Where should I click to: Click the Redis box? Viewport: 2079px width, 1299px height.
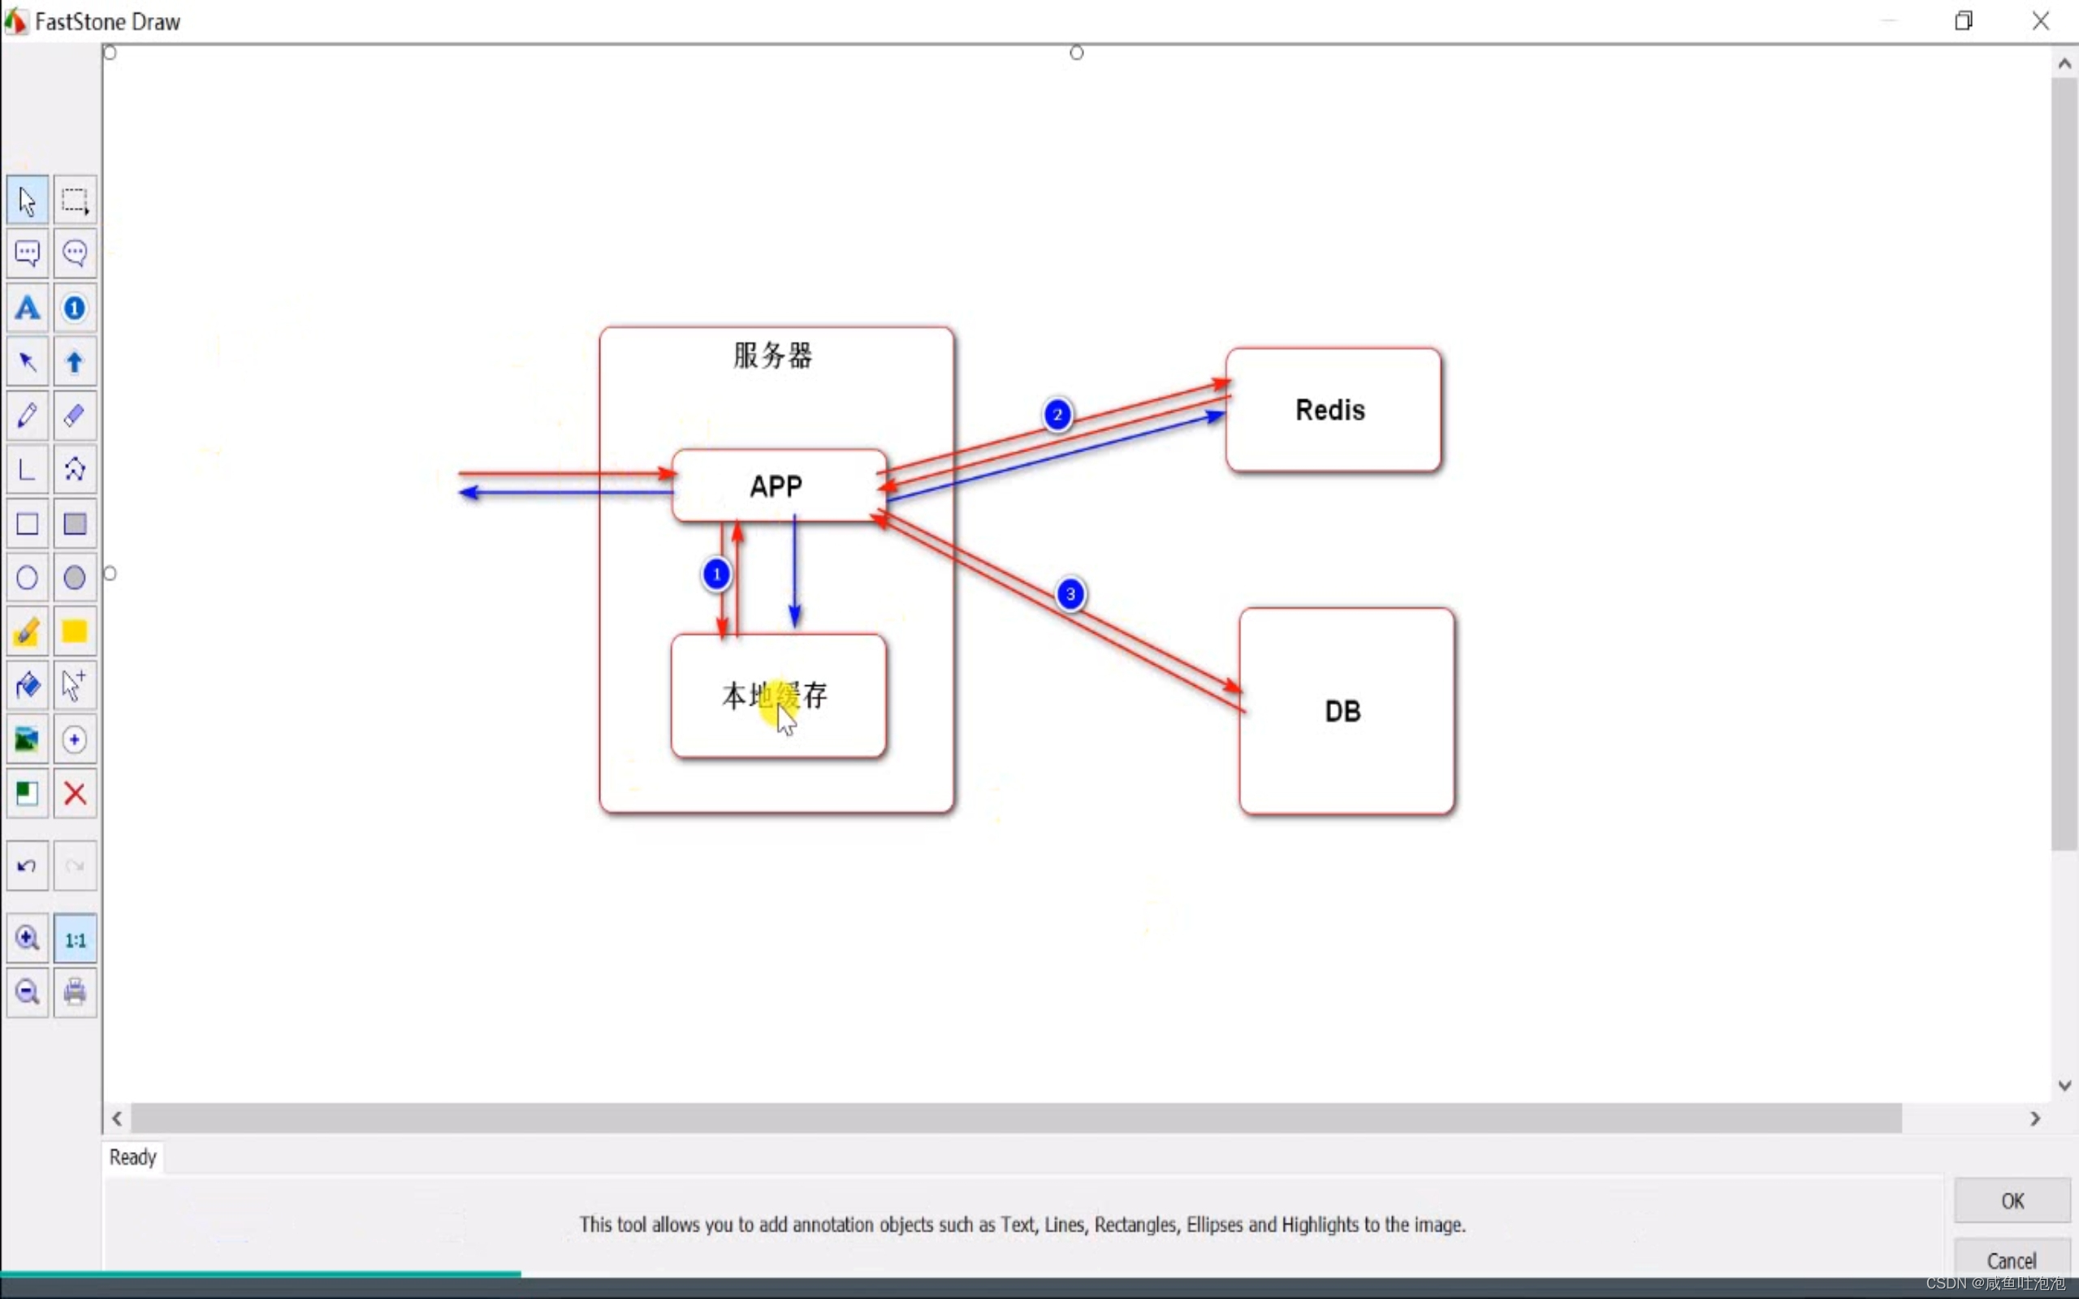coord(1333,410)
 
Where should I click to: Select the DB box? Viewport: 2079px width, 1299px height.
coord(1346,711)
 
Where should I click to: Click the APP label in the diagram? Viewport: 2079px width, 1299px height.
coord(776,486)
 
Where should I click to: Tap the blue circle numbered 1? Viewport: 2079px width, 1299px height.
coord(716,574)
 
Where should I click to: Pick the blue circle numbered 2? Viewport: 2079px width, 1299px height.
coord(1057,415)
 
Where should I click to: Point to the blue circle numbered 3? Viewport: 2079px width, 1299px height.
coord(1070,593)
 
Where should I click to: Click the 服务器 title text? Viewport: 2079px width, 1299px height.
coord(772,355)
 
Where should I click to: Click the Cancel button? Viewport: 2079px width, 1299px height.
coord(2011,1260)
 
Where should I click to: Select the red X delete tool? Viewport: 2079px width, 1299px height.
coord(75,794)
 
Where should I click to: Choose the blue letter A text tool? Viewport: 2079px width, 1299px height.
coord(28,308)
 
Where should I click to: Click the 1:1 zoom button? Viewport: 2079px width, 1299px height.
coord(75,939)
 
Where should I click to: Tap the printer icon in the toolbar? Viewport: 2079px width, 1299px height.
coord(75,992)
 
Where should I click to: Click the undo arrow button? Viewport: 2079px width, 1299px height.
coord(28,866)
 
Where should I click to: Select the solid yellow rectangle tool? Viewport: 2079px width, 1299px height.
coord(75,632)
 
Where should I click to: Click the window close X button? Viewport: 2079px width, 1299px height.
coord(2040,20)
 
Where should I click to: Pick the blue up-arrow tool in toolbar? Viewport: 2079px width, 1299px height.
coord(75,362)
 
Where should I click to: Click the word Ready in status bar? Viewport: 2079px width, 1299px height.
coord(133,1157)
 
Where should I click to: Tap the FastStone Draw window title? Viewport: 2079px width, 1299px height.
coord(107,21)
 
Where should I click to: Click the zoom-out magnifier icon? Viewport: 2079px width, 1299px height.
coord(28,992)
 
